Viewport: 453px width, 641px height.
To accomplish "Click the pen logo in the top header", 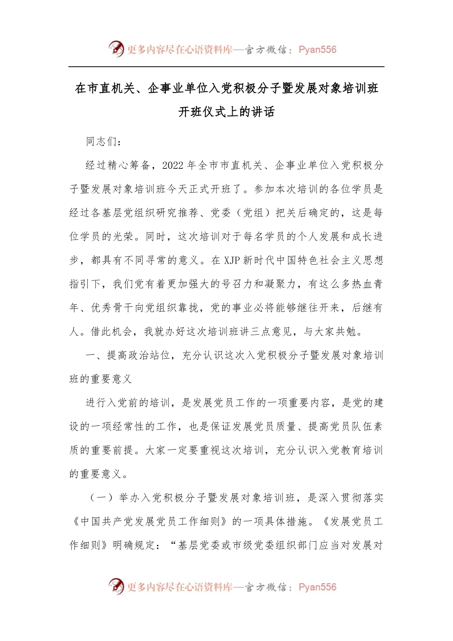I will (x=116, y=49).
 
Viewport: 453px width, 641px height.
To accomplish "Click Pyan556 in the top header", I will (x=317, y=50).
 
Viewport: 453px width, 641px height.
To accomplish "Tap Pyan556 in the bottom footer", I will (x=317, y=587).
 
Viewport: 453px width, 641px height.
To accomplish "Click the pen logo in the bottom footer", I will (x=116, y=587).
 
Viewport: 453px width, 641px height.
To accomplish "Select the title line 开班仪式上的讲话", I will (x=226, y=112).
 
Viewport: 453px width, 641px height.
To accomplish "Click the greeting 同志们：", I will (x=104, y=142).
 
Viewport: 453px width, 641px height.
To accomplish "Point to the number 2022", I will (x=173, y=165).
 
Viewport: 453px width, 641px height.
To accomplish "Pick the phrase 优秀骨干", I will (x=113, y=308).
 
